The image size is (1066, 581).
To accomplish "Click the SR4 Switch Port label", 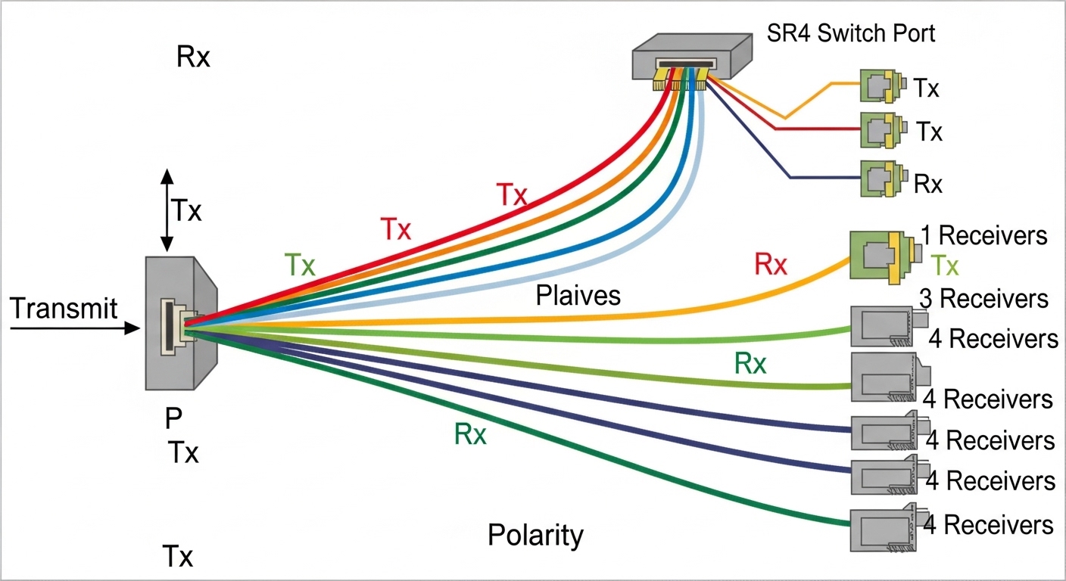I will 850,34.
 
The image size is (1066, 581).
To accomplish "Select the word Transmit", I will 64,309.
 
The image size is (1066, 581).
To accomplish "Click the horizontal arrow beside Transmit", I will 76,328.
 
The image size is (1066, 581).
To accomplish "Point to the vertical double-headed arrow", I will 167,210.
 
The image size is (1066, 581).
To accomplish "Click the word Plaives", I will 578,295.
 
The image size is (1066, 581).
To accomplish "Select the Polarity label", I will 535,535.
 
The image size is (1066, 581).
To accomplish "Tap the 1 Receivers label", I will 983,236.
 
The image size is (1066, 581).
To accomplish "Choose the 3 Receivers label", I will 983,299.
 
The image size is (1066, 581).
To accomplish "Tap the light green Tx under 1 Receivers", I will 944,266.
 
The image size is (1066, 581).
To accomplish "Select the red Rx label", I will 771,264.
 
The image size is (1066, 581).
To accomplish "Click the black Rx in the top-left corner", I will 193,57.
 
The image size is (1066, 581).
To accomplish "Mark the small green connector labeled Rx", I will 883,177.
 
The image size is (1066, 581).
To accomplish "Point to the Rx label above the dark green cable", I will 470,435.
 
